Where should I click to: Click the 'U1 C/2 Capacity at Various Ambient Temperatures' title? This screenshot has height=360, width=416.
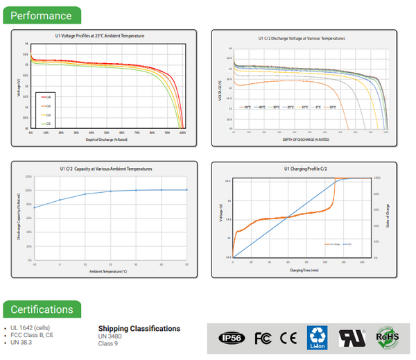pos(108,169)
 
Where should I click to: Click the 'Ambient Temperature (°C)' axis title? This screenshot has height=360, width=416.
pos(108,271)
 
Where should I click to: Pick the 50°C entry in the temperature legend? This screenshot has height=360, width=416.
pos(245,108)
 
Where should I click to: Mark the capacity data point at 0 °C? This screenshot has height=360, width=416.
pos(60,200)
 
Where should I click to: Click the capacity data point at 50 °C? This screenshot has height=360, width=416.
pos(187,189)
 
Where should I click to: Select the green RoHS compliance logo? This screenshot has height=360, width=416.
pos(387,337)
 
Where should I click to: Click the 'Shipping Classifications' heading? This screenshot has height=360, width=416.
pos(139,329)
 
